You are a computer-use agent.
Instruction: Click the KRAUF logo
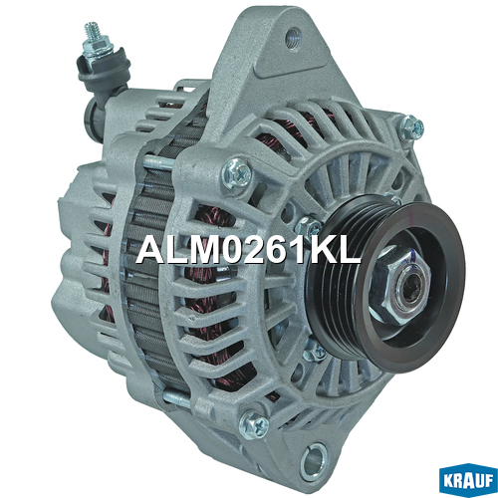click(468, 482)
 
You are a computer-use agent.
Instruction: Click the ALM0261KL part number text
click(248, 250)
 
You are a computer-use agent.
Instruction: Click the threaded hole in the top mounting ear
click(294, 36)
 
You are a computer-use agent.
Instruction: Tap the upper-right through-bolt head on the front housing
click(411, 127)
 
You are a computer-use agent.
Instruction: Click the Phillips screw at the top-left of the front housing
click(237, 173)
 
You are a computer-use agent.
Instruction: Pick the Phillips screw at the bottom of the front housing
click(255, 424)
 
